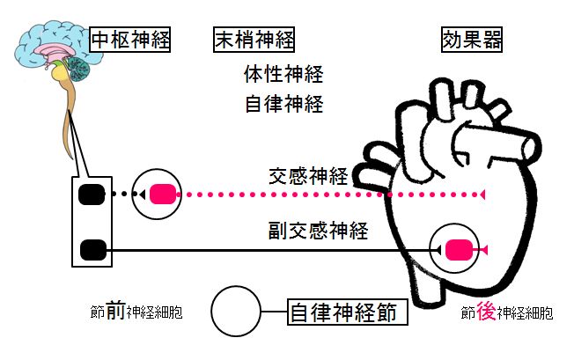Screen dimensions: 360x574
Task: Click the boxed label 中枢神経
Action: (x=130, y=39)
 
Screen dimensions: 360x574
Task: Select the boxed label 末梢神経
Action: (x=254, y=39)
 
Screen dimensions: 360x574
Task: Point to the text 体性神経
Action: (x=284, y=73)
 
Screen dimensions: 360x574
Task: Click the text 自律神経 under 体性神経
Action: (x=284, y=104)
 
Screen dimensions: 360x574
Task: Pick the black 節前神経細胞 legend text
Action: (x=136, y=312)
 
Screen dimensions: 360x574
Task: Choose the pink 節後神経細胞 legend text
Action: (x=507, y=312)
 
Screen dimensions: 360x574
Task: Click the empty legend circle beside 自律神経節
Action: (x=237, y=312)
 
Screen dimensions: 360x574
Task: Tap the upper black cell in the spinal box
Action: (x=92, y=195)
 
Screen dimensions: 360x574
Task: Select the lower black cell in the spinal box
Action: (x=92, y=251)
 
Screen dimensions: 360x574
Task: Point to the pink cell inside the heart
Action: (x=458, y=251)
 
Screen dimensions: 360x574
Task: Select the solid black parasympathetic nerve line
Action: (x=264, y=251)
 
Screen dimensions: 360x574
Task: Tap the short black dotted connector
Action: (x=122, y=195)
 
